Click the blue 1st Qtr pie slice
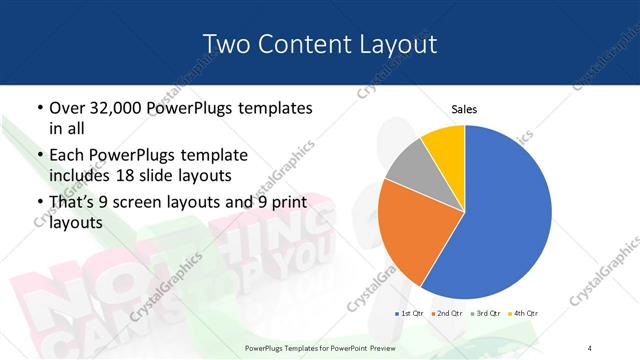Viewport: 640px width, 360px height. tap(505, 215)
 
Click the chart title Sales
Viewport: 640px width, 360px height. tap(464, 108)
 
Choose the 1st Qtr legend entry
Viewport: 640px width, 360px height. tap(410, 313)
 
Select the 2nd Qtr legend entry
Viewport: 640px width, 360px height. tap(446, 313)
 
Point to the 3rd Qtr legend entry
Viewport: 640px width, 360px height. tap(484, 313)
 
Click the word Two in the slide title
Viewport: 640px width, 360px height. tap(225, 44)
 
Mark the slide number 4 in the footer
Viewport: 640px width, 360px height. tap(591, 348)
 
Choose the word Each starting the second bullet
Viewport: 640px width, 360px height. tap(67, 156)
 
